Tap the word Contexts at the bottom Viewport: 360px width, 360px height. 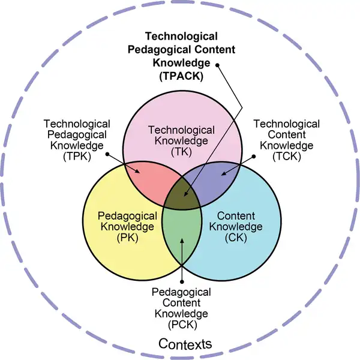coord(185,344)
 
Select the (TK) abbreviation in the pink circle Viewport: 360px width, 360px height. coord(181,152)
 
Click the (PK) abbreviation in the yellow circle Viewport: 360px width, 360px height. coord(128,238)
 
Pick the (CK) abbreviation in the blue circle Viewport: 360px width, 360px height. coord(239,238)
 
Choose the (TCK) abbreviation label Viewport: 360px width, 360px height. coord(286,157)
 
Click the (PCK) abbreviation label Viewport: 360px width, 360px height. coord(182,324)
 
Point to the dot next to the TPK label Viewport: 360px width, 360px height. coord(107,154)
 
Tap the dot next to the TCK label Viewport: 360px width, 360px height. coord(254,157)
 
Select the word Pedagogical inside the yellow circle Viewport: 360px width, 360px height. coord(128,216)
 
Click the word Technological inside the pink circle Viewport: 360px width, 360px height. coord(181,130)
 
